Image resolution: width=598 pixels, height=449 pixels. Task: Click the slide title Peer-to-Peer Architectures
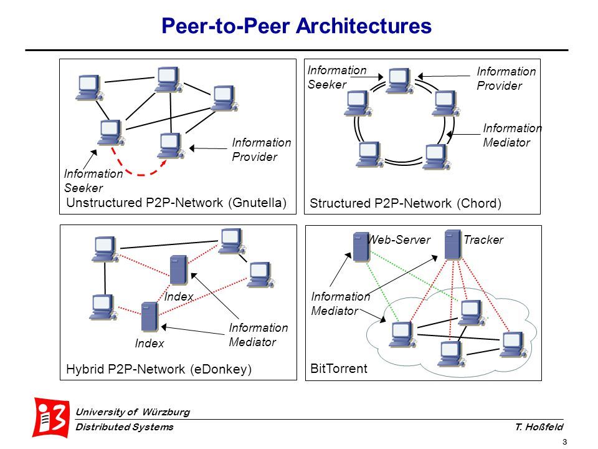tap(297, 26)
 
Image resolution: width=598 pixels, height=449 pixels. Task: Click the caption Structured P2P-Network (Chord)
tap(405, 203)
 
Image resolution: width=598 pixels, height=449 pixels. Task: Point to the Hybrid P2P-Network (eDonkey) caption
tap(158, 369)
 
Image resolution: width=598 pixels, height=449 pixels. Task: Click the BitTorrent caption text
tap(339, 369)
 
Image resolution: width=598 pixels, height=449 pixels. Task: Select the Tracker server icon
tap(453, 244)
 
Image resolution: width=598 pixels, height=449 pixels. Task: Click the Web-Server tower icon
tap(360, 246)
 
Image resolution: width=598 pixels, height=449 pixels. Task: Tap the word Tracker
tap(483, 239)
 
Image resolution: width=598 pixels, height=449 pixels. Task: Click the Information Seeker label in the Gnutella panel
tap(93, 181)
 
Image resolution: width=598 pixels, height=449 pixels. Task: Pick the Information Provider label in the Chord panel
tap(506, 79)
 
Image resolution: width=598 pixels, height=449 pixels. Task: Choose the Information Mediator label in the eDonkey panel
tap(259, 335)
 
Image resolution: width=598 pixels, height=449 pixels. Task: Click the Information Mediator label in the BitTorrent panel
tap(340, 304)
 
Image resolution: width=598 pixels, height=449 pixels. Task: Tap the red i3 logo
tap(52, 417)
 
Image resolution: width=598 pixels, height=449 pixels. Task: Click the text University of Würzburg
tap(132, 412)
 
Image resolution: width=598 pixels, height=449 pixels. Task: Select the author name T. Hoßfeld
tap(539, 427)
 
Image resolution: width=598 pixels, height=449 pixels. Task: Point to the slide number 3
tap(564, 442)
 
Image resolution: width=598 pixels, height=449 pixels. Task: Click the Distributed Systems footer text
tap(124, 427)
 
